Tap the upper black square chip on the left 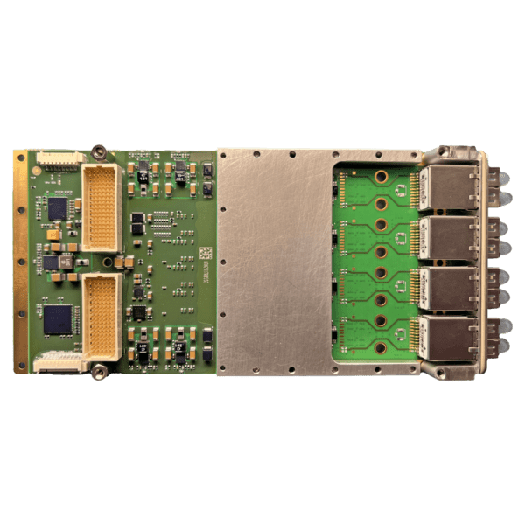58,208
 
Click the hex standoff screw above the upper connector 101,150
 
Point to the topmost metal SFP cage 448,188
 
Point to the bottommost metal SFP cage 448,336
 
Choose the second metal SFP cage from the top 448,237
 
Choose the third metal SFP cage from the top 448,286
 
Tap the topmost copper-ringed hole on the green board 381,178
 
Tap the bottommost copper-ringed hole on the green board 381,347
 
